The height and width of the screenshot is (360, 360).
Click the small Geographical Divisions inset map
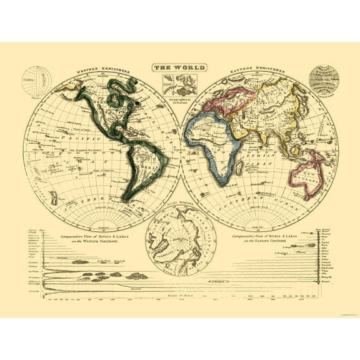(x=180, y=84)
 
